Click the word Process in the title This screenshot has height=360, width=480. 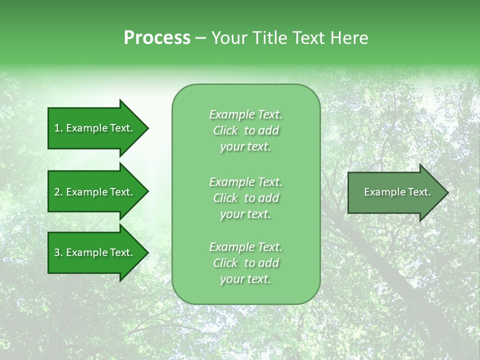(x=157, y=38)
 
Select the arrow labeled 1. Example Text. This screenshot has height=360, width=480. (x=98, y=128)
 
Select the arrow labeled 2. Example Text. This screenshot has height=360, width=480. (x=98, y=191)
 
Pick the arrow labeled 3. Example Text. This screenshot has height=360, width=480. (x=98, y=252)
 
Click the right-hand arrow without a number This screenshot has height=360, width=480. (x=398, y=192)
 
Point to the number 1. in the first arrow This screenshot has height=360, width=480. (x=58, y=128)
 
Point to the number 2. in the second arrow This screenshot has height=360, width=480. (x=58, y=192)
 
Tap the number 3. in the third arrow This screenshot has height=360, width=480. (x=58, y=252)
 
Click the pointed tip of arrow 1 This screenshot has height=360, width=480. (x=149, y=128)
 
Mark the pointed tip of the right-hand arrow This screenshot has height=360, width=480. (x=449, y=193)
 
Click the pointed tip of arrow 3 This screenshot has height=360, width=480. (x=149, y=253)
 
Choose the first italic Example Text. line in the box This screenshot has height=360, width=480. (x=246, y=114)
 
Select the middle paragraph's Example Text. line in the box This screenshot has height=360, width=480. (x=246, y=182)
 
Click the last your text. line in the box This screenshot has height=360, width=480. (x=245, y=279)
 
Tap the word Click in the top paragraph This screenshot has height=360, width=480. (x=225, y=130)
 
